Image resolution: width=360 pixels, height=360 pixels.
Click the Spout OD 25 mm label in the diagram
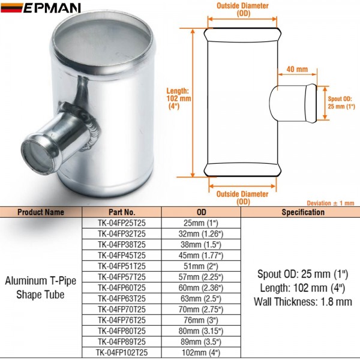click(x=340, y=102)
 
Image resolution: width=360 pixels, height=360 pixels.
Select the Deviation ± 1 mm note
click(x=330, y=203)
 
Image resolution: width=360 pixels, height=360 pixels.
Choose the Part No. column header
click(x=122, y=212)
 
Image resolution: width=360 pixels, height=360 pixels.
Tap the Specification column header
click(x=302, y=212)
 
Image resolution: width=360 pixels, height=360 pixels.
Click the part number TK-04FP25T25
click(x=122, y=223)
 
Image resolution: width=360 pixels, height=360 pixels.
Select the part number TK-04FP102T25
click(x=122, y=353)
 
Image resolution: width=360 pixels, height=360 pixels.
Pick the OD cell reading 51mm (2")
click(x=202, y=266)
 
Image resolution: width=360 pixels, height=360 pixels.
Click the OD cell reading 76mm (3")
click(x=202, y=320)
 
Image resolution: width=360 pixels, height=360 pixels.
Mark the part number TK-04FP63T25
click(x=122, y=299)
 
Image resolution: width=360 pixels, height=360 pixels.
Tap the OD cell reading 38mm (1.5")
click(x=202, y=245)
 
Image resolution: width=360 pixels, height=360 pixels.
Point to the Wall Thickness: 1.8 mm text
click(x=302, y=302)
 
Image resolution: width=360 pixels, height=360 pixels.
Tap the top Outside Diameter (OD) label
click(x=243, y=10)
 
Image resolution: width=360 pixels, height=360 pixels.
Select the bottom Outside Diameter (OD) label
click(x=243, y=197)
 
